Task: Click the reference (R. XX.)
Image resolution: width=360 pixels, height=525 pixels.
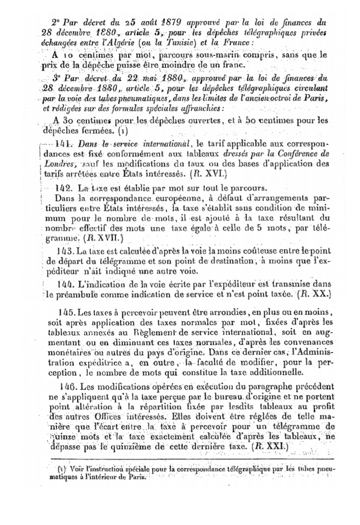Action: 315,295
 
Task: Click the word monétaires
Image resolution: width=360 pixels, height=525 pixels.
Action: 70,352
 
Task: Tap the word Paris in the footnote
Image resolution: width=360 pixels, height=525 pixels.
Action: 135,478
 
